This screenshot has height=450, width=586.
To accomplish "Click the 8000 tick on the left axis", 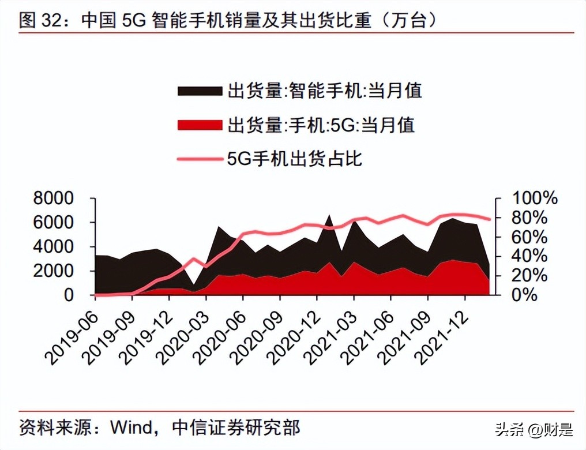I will click(x=53, y=199).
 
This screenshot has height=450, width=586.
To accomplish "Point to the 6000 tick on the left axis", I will click(x=53, y=223).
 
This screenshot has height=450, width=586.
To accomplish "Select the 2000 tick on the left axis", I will click(x=53, y=271).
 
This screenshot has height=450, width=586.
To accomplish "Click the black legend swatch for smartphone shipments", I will click(x=200, y=91).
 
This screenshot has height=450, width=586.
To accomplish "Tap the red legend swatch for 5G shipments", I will click(x=200, y=125).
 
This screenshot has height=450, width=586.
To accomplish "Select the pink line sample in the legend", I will click(x=200, y=159).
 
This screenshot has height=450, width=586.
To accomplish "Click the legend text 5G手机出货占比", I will click(x=295, y=159).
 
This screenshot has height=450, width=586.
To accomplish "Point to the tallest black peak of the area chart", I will click(x=329, y=216).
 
